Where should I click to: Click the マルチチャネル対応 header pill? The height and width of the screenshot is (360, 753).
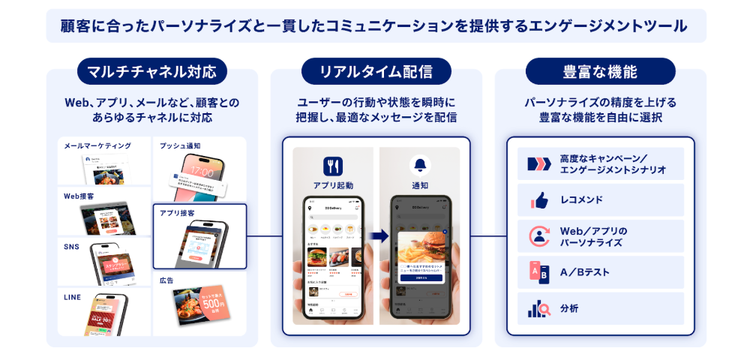point(151,72)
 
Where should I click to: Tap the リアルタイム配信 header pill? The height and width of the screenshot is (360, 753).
point(376,72)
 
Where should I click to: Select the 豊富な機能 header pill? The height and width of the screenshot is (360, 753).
point(600,72)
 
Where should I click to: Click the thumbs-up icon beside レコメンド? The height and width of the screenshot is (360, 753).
point(539,200)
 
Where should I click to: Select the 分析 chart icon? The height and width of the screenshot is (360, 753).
point(539,308)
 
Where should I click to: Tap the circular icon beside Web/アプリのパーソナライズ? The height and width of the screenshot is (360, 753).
point(539,236)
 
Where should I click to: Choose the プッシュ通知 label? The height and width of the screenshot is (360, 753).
point(180,145)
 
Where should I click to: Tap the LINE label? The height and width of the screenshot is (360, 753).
point(73,297)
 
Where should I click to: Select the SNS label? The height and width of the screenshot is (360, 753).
point(72,247)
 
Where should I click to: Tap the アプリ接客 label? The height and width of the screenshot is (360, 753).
point(178,214)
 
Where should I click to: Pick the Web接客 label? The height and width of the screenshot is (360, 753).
point(79,196)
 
